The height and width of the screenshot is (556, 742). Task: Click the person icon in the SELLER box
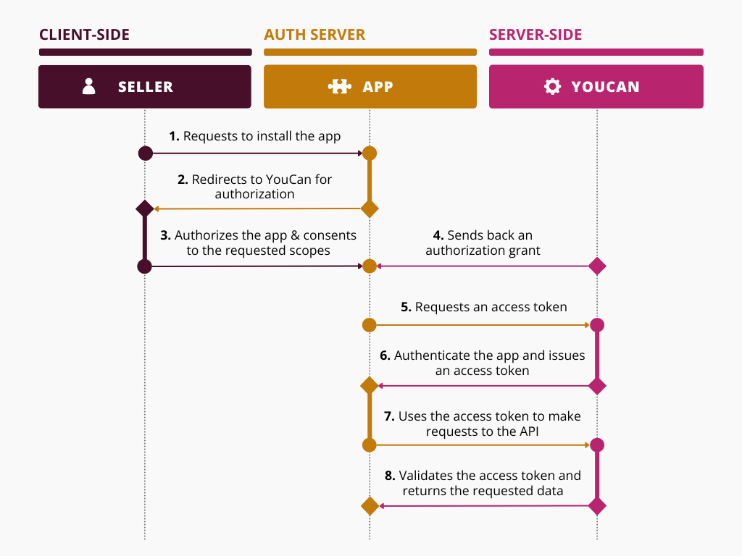pos(89,87)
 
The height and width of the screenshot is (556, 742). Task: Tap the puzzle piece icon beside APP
pos(340,87)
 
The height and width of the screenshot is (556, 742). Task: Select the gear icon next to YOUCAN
pos(552,87)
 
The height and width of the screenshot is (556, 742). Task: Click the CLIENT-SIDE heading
pos(84,35)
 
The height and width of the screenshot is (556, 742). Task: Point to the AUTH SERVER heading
pos(314,35)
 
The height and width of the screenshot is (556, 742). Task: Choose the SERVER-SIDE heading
pos(535,35)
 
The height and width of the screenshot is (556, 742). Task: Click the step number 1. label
pos(174,136)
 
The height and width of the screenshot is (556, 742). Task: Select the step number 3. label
pos(165,235)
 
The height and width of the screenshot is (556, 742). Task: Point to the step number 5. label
pos(406,307)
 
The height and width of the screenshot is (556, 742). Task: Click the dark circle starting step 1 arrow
pos(145,153)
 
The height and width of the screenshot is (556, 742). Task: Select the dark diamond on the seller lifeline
pos(145,208)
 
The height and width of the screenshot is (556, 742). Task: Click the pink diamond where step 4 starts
pos(597,266)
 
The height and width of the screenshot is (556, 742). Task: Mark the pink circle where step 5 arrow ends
pos(597,325)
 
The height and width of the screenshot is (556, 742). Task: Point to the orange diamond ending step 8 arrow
pos(370,506)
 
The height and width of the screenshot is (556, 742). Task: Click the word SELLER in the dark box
pos(146,87)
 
